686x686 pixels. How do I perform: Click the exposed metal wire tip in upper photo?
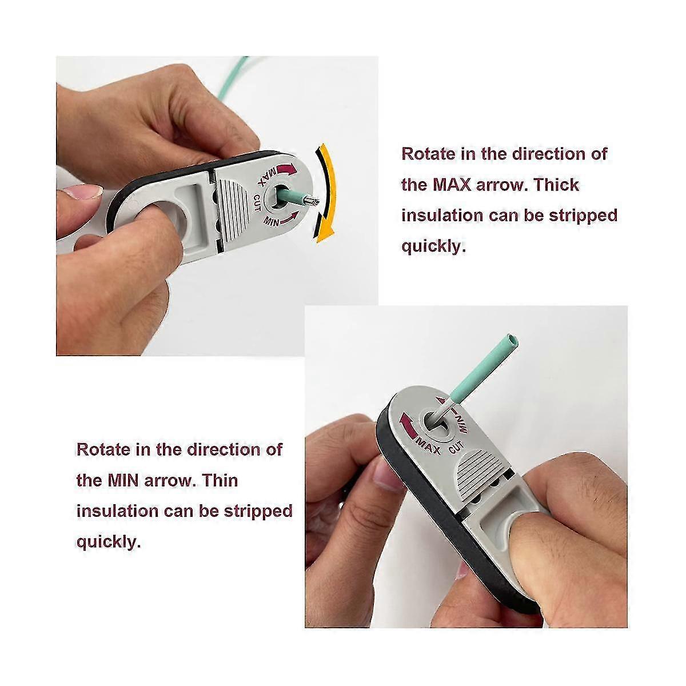point(310,201)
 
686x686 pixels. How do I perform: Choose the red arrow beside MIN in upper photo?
point(292,216)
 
